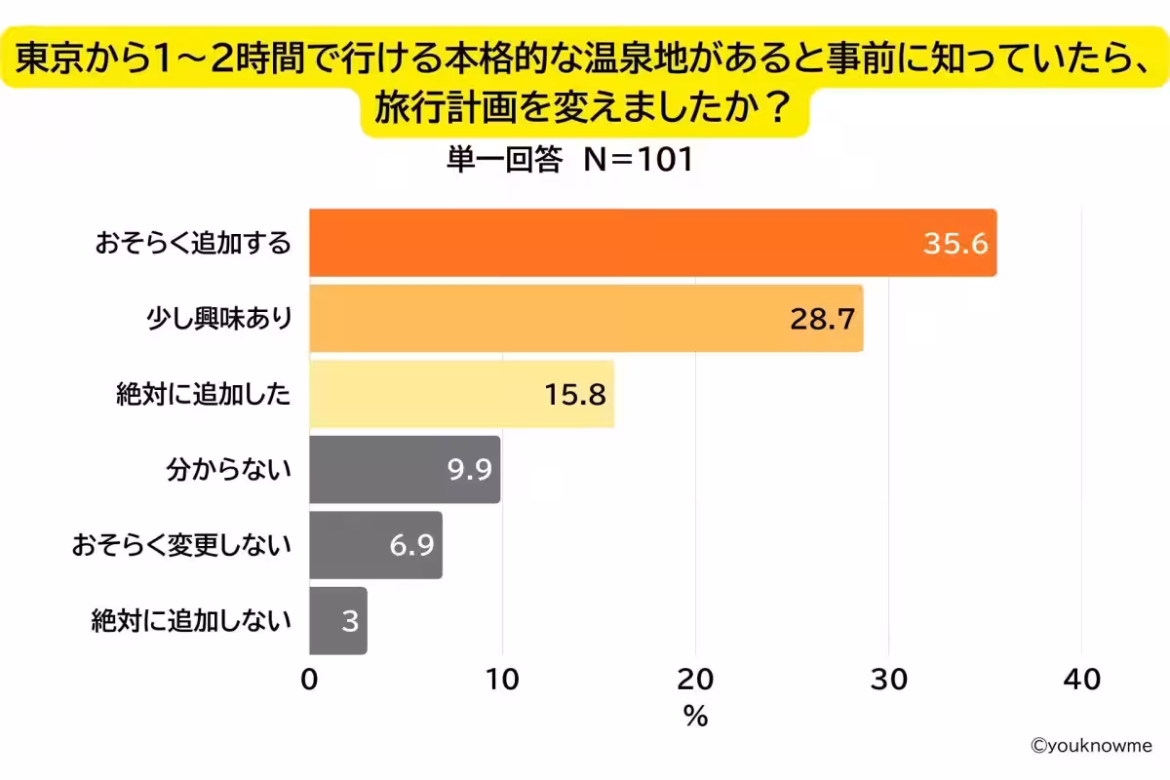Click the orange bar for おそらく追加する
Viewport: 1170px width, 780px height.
point(651,243)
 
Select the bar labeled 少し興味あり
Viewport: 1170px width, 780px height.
point(585,319)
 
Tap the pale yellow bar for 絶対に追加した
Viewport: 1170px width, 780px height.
point(461,394)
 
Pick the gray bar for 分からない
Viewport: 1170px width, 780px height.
point(405,470)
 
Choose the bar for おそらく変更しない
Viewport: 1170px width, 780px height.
point(375,545)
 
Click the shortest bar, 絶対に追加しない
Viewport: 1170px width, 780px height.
point(338,621)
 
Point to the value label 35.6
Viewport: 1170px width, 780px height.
point(955,243)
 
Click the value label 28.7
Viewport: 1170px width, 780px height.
point(822,319)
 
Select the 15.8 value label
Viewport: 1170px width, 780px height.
point(574,394)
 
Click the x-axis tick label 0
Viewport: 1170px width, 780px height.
point(309,680)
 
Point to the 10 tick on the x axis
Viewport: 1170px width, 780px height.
point(502,680)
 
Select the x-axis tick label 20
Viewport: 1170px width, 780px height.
point(695,680)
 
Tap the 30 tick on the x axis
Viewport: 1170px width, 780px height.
point(888,680)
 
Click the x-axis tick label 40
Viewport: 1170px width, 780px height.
point(1081,680)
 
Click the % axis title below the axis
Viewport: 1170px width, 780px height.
point(695,718)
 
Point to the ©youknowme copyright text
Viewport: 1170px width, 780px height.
point(1091,746)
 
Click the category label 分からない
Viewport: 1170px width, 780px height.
point(229,470)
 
